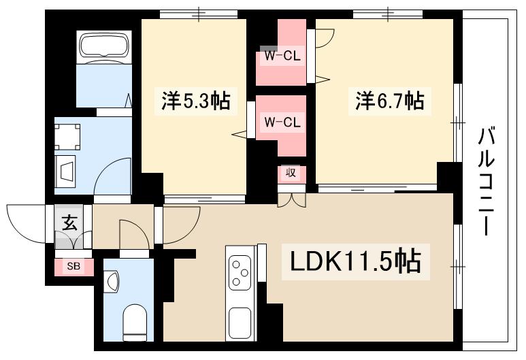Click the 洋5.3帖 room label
click(x=195, y=101)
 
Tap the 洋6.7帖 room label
click(x=389, y=101)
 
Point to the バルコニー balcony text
click(x=485, y=180)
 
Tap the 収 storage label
click(x=291, y=174)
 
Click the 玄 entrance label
click(x=69, y=221)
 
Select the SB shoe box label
click(x=73, y=267)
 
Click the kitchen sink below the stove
click(x=240, y=320)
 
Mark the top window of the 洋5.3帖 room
click(x=199, y=14)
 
